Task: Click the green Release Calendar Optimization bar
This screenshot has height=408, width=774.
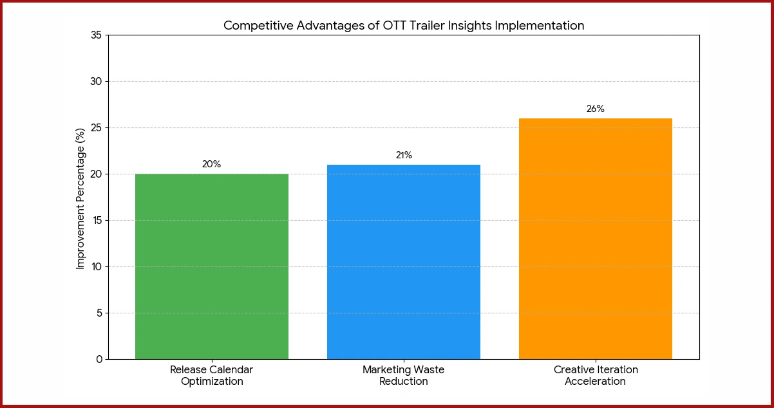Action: [212, 266]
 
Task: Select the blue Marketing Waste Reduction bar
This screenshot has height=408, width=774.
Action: [404, 262]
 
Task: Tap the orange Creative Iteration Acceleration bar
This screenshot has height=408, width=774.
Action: [596, 239]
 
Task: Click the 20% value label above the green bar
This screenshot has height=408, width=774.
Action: [211, 164]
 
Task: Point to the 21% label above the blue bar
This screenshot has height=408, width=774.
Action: [404, 155]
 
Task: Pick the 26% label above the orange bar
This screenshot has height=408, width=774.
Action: [596, 109]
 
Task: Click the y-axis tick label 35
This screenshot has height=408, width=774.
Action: [96, 35]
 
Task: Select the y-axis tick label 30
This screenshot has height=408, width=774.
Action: [96, 82]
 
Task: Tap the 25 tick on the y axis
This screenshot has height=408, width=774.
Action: [96, 128]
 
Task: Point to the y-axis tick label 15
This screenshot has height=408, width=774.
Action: [96, 221]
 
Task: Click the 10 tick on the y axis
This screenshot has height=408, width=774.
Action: [96, 267]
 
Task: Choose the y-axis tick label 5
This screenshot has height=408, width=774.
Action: [99, 313]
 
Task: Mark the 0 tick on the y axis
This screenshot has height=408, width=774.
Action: [99, 359]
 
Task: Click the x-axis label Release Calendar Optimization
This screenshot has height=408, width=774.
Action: [212, 376]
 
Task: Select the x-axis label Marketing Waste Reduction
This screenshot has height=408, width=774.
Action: [404, 376]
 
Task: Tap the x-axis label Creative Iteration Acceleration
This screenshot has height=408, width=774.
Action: [596, 376]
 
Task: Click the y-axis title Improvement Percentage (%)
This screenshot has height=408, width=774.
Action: [80, 197]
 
